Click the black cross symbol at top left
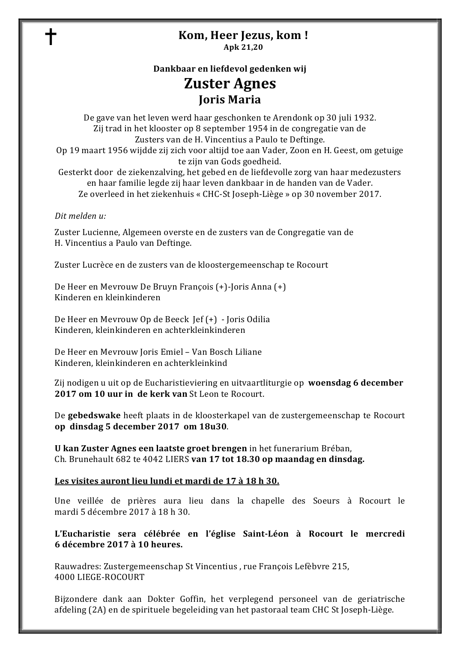click(x=51, y=37)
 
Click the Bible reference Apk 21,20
click(x=243, y=47)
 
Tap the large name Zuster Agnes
click(x=230, y=83)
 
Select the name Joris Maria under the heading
click(x=230, y=100)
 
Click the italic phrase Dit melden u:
click(x=81, y=216)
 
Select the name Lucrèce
click(x=97, y=265)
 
